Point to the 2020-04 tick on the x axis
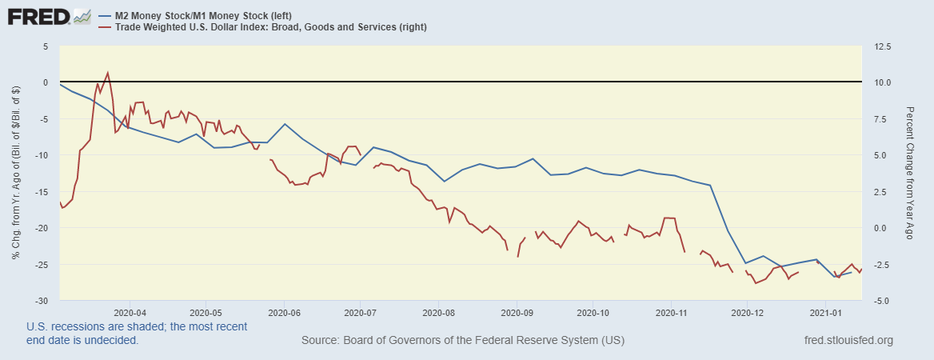(130, 312)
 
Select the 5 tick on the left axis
(46, 46)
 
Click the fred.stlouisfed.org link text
(848, 341)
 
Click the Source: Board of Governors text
(463, 341)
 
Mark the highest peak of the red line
(108, 73)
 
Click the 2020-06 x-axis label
(285, 312)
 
